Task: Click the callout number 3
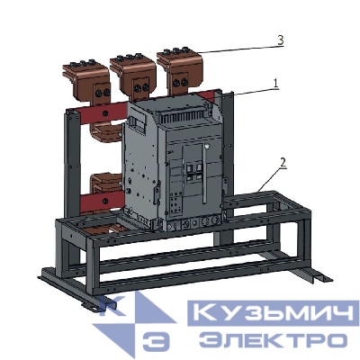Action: [281, 40]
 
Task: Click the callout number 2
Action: [283, 163]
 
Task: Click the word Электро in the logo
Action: [272, 340]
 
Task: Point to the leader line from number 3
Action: [234, 48]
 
